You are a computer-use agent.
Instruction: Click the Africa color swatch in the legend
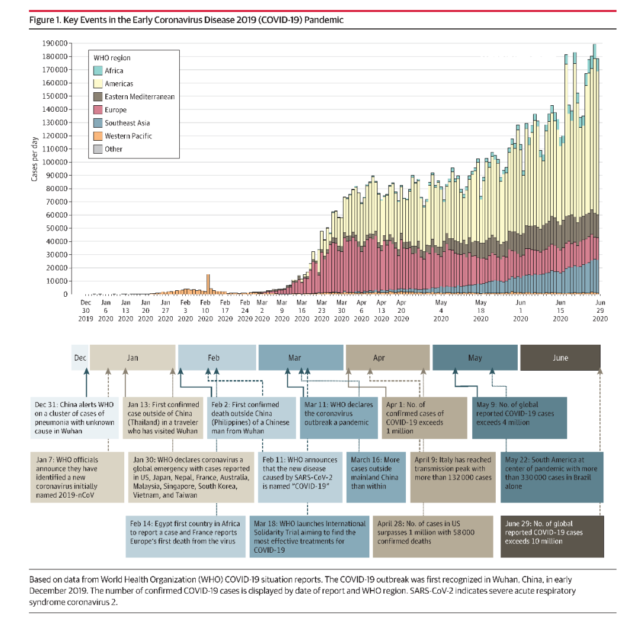[x=98, y=71]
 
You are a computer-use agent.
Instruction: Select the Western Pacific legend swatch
[x=98, y=136]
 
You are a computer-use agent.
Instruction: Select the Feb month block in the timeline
[x=214, y=358]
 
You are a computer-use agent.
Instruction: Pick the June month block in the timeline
[x=560, y=358]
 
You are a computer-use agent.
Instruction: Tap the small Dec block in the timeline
[x=80, y=358]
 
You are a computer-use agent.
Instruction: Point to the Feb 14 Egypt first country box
[x=185, y=536]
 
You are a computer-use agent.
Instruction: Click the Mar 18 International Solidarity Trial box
[x=309, y=536]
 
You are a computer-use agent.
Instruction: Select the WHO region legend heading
[x=112, y=58]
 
